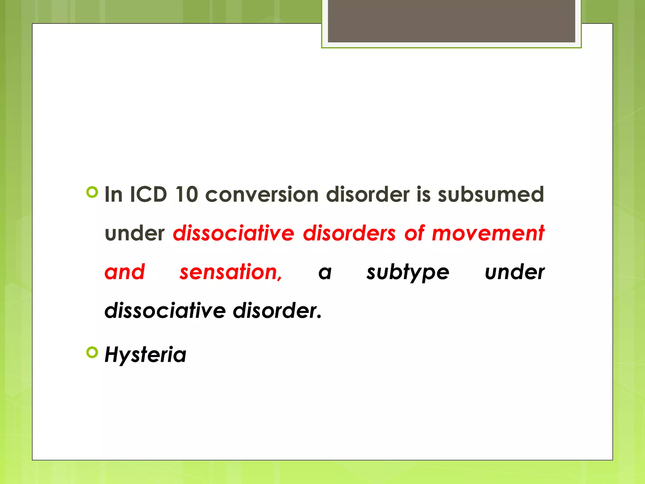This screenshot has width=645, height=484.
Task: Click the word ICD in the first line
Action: (x=148, y=194)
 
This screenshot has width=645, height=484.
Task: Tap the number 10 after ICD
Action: (x=186, y=194)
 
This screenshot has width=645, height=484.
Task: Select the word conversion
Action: (x=262, y=194)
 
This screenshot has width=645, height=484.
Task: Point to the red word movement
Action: (x=488, y=233)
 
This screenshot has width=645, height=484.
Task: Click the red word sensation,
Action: (x=231, y=272)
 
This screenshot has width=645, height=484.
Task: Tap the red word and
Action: (x=125, y=272)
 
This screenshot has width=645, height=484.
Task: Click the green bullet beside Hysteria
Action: (x=92, y=352)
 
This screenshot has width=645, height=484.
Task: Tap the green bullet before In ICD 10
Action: (x=92, y=192)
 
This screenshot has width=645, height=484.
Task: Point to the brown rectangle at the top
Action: (x=451, y=21)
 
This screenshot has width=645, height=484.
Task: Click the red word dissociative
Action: (x=233, y=233)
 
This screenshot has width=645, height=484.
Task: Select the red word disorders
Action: (x=349, y=233)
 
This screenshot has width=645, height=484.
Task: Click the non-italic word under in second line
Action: (x=134, y=233)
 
